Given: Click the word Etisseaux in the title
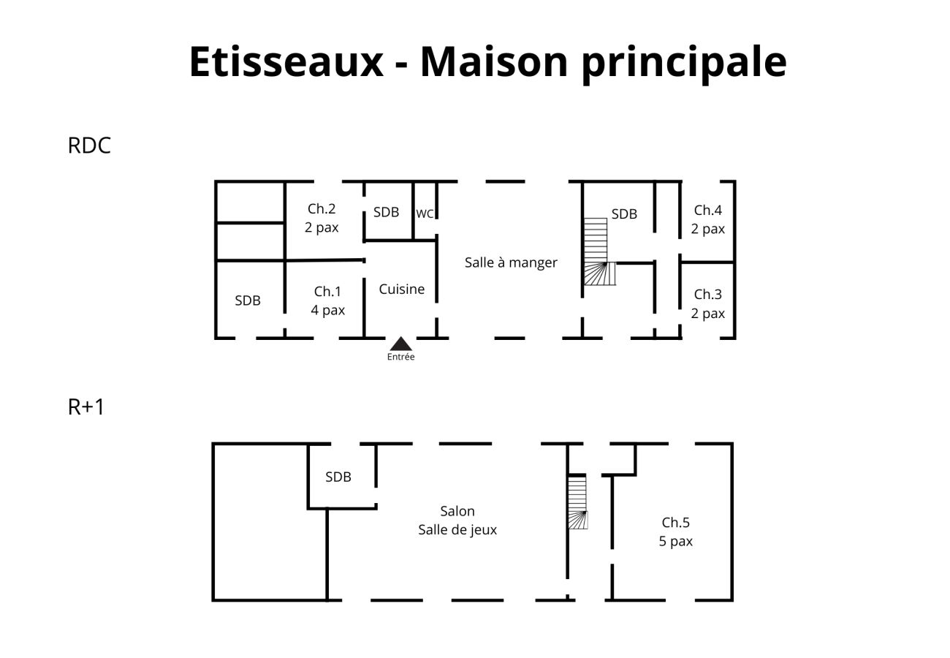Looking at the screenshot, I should click(x=286, y=61).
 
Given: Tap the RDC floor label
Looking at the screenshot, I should click(x=89, y=145).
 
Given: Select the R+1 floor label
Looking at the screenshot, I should click(x=86, y=406).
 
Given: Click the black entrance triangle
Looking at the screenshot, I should click(x=400, y=344).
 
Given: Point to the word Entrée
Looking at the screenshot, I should click(x=400, y=357).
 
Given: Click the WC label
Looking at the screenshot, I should click(x=425, y=214).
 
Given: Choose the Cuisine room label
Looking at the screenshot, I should click(x=401, y=289).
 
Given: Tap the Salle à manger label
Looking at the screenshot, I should click(x=511, y=262).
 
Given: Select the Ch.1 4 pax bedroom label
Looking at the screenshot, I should click(x=327, y=300).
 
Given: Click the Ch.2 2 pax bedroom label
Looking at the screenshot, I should click(x=322, y=218).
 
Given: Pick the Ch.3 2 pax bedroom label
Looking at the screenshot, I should click(x=707, y=303).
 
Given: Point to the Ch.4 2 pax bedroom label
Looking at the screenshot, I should click(x=707, y=219).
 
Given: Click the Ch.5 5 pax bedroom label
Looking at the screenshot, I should click(x=676, y=532).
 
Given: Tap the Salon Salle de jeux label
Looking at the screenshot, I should click(x=457, y=520).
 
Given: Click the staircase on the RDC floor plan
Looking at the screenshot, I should click(x=598, y=252).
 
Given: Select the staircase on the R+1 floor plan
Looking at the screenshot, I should click(x=577, y=502).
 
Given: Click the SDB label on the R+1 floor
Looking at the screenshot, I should click(x=338, y=477).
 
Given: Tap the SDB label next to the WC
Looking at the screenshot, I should click(x=386, y=212).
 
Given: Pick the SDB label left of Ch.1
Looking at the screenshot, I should click(x=248, y=300).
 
